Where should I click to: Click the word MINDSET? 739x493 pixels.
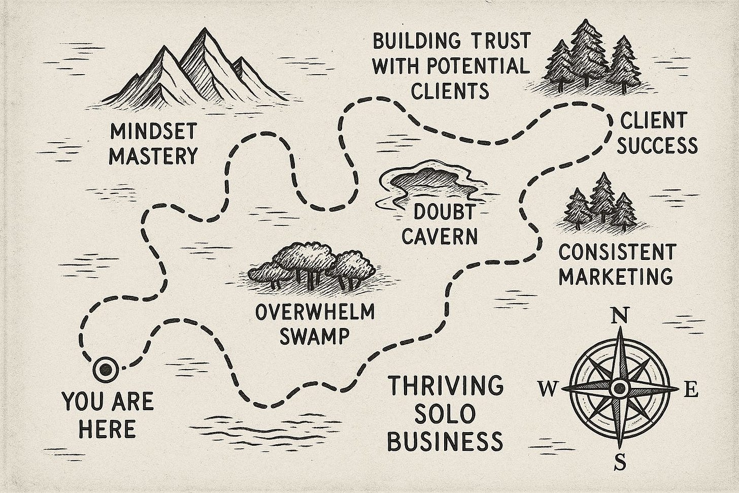153,133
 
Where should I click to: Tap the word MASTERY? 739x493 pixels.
153,156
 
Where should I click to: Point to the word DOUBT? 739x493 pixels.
440,212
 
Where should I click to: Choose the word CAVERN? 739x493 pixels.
440,236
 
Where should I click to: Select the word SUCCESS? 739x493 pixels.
658,146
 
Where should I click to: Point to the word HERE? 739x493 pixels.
108,429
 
